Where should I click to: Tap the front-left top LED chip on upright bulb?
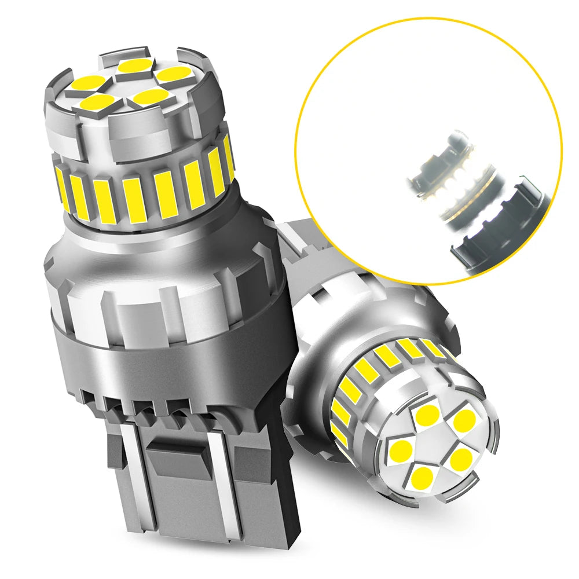click(96, 103)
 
